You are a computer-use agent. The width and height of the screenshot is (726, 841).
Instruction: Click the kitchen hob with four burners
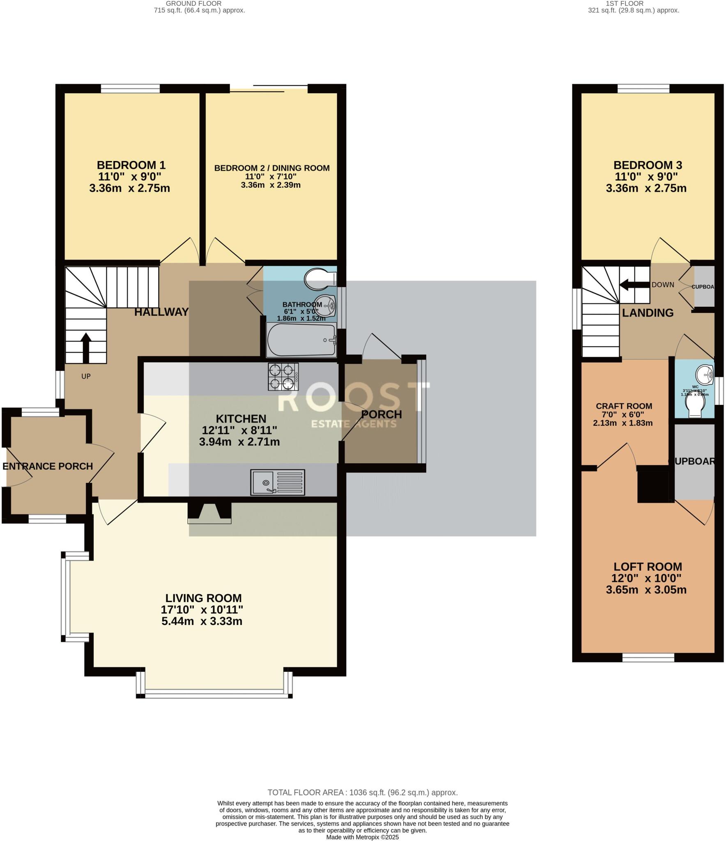pyautogui.click(x=283, y=376)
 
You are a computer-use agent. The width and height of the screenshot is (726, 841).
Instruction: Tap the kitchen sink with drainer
pyautogui.click(x=278, y=482)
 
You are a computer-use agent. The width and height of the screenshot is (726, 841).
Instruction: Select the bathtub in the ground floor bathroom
pyautogui.click(x=301, y=340)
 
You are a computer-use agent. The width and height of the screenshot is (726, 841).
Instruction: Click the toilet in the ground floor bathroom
pyautogui.click(x=320, y=279)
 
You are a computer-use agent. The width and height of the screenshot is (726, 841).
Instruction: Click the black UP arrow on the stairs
pyautogui.click(x=85, y=348)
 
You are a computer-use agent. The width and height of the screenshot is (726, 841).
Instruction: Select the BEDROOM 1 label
pyautogui.click(x=131, y=165)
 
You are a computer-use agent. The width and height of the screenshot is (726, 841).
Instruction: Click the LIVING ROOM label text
pyautogui.click(x=203, y=598)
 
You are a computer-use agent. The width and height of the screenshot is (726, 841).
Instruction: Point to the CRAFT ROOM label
pyautogui.click(x=624, y=406)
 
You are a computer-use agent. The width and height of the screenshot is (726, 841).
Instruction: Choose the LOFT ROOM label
pyautogui.click(x=647, y=567)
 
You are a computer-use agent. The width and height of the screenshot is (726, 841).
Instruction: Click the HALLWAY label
pyautogui.click(x=161, y=312)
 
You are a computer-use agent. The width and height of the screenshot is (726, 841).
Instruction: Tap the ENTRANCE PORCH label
pyautogui.click(x=48, y=466)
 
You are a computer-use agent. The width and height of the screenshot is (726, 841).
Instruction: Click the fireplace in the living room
pyautogui.click(x=209, y=513)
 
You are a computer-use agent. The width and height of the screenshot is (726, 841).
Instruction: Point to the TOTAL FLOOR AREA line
pyautogui.click(x=362, y=793)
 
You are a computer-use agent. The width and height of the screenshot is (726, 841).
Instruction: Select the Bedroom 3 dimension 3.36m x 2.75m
pyautogui.click(x=646, y=188)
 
